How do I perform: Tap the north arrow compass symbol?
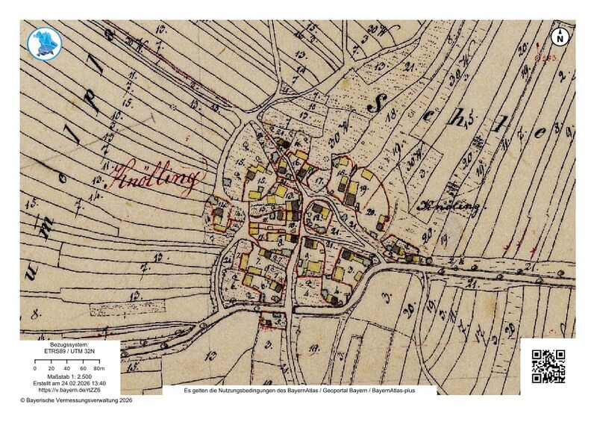(560, 36)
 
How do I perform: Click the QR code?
(548, 366)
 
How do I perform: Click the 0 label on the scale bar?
(35, 369)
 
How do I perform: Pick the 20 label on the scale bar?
(51, 369)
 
